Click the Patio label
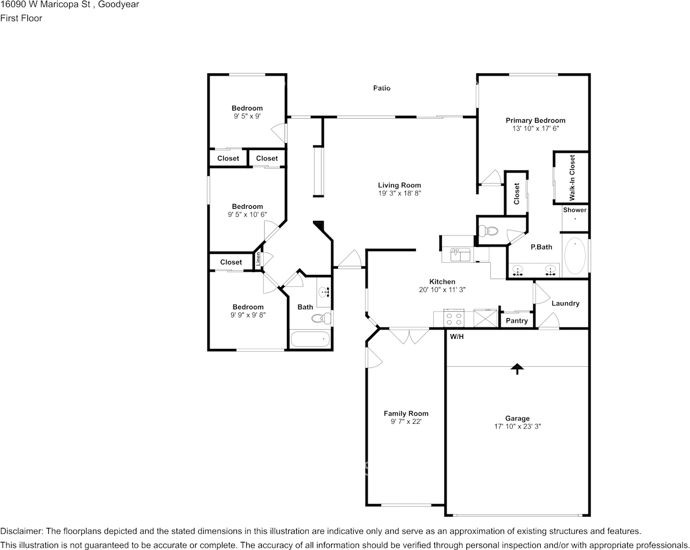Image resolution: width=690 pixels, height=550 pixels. click(x=382, y=88)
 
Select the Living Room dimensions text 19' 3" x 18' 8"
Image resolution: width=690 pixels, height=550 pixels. click(x=399, y=193)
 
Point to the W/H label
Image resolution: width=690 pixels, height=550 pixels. click(x=457, y=337)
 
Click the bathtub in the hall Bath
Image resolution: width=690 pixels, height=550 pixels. click(x=310, y=339)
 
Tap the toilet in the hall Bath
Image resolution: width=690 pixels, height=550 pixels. click(x=321, y=318)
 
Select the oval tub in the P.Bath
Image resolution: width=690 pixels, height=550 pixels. click(x=575, y=256)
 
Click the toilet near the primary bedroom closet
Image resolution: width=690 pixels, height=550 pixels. click(x=489, y=231)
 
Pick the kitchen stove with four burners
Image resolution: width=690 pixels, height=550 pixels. click(x=453, y=319)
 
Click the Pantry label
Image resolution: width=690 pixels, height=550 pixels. click(x=516, y=321)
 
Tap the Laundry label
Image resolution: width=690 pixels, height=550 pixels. click(x=565, y=303)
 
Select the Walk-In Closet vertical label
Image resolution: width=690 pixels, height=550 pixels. click(x=572, y=177)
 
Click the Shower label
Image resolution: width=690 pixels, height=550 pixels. click(x=575, y=210)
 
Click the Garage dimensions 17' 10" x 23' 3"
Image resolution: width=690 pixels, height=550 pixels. click(x=517, y=426)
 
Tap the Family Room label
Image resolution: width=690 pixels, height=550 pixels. click(x=406, y=413)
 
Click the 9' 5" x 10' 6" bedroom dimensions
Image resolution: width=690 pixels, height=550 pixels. click(x=247, y=215)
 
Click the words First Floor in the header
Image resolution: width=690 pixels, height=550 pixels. click(x=21, y=18)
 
